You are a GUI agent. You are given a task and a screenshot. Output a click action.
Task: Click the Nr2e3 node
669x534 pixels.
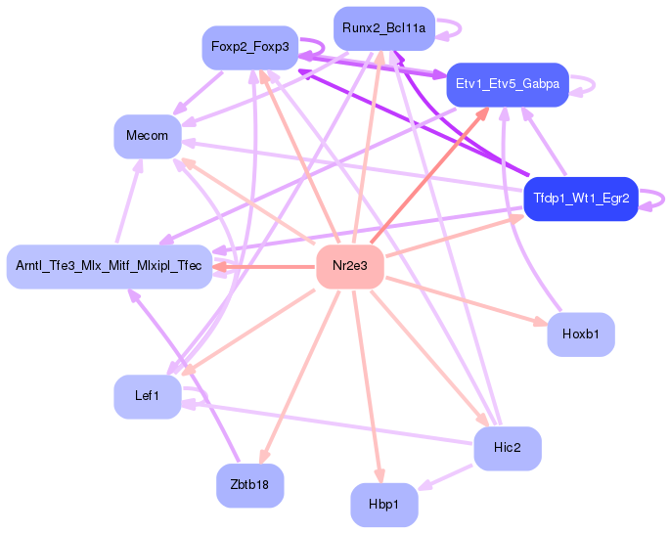pos(350,266)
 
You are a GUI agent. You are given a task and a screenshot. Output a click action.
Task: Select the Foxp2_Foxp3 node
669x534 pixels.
pos(250,47)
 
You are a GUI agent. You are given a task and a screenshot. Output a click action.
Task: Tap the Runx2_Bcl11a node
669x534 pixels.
pos(384,28)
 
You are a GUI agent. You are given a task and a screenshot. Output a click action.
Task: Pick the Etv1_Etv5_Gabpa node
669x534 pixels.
pos(508,84)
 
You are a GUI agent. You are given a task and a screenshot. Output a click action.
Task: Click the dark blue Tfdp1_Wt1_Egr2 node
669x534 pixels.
pos(581,199)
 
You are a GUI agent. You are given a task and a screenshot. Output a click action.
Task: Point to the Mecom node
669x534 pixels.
pos(147,137)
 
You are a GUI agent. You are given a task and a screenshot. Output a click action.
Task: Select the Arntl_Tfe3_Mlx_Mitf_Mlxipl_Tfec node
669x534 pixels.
pos(110,267)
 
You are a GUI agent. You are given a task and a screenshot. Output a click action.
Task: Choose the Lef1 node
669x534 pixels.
pos(147,397)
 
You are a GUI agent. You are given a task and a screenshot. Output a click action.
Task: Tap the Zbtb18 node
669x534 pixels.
pos(249,485)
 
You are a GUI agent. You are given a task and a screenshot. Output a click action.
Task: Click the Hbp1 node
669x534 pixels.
pos(384,505)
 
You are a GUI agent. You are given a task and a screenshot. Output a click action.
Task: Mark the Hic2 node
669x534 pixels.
pos(508,448)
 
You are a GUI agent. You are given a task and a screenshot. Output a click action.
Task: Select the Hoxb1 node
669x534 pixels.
pos(581,334)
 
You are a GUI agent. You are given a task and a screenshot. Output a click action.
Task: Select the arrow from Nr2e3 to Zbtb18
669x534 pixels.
pos(300,377)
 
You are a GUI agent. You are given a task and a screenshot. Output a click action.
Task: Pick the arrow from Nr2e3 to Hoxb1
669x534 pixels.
pos(467,300)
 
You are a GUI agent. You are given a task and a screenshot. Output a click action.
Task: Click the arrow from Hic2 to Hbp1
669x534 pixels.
pos(445,477)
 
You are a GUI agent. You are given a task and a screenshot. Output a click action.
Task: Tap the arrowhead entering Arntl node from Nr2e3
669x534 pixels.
pos(220,267)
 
